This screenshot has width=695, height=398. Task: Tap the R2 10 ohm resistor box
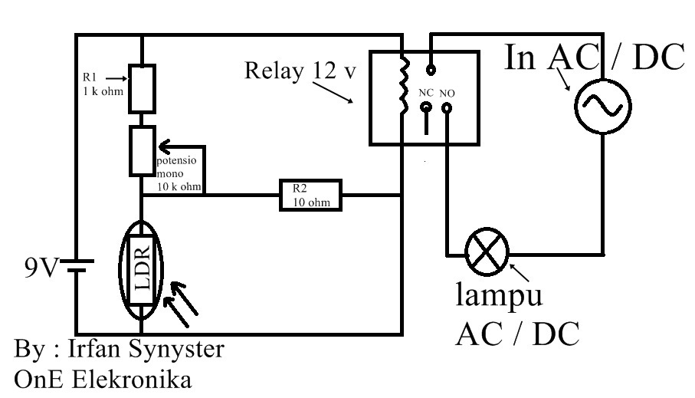(309, 196)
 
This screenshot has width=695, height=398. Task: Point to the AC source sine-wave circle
(602, 107)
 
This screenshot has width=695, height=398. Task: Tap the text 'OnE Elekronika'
(103, 380)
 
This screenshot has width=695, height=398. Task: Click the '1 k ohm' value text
(100, 91)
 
